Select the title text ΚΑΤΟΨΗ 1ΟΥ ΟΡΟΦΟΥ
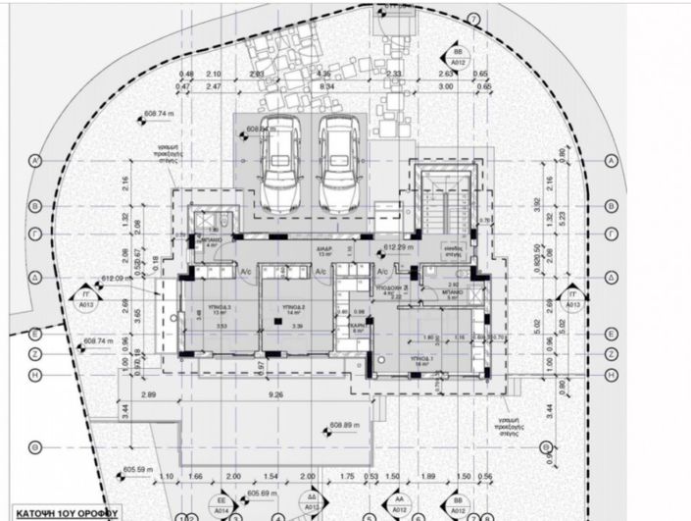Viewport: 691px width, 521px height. (60, 512)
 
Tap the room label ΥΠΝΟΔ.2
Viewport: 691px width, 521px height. (292, 307)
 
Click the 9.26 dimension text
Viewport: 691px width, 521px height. (274, 394)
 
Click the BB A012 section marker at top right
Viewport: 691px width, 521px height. (458, 53)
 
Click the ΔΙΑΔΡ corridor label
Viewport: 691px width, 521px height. (324, 249)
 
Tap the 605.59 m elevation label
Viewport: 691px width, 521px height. (141, 470)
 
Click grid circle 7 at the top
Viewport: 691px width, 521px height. (473, 19)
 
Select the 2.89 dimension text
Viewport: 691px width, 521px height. (149, 394)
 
